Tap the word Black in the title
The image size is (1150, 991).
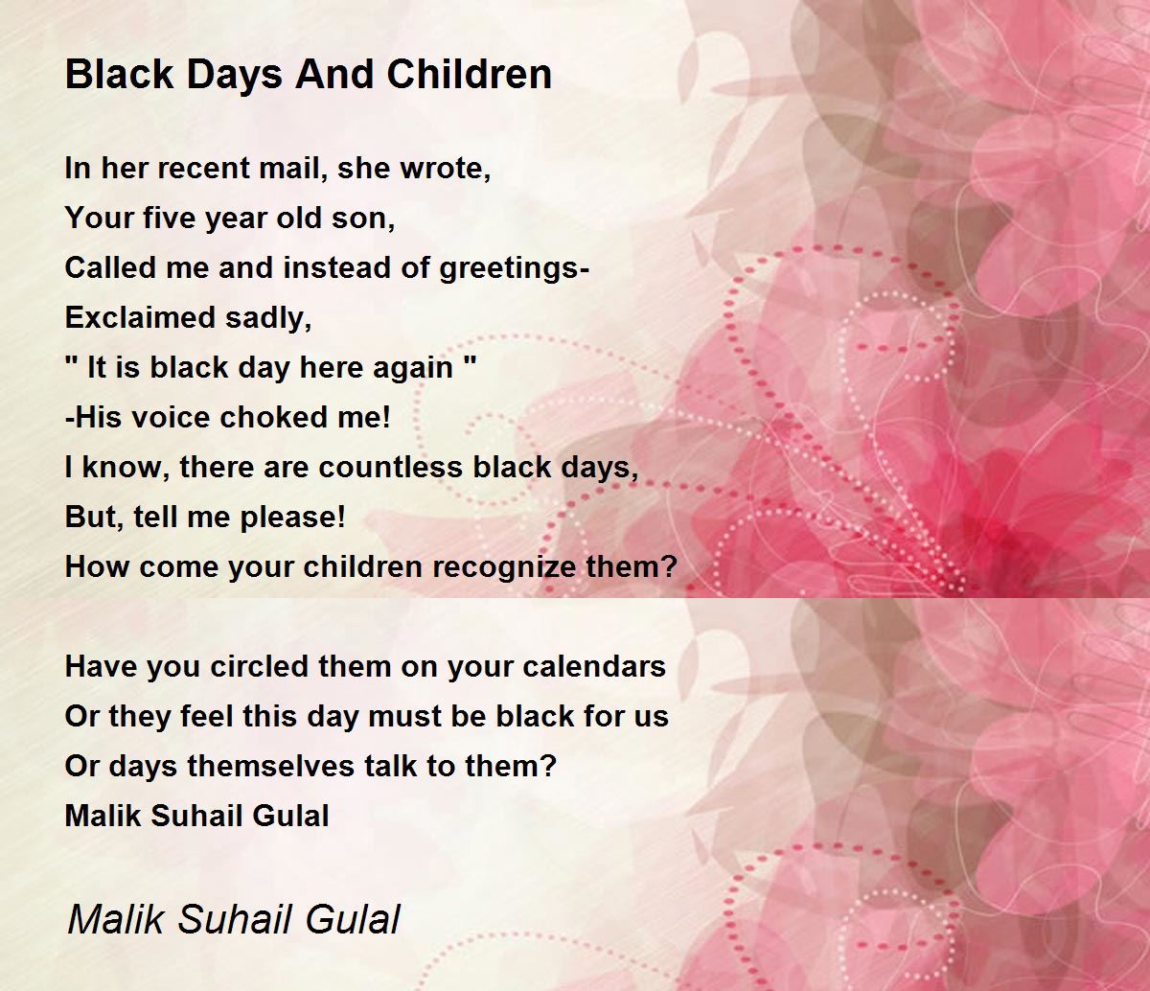coord(119,74)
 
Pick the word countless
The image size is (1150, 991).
coord(391,468)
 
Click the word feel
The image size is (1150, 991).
coord(207,716)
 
